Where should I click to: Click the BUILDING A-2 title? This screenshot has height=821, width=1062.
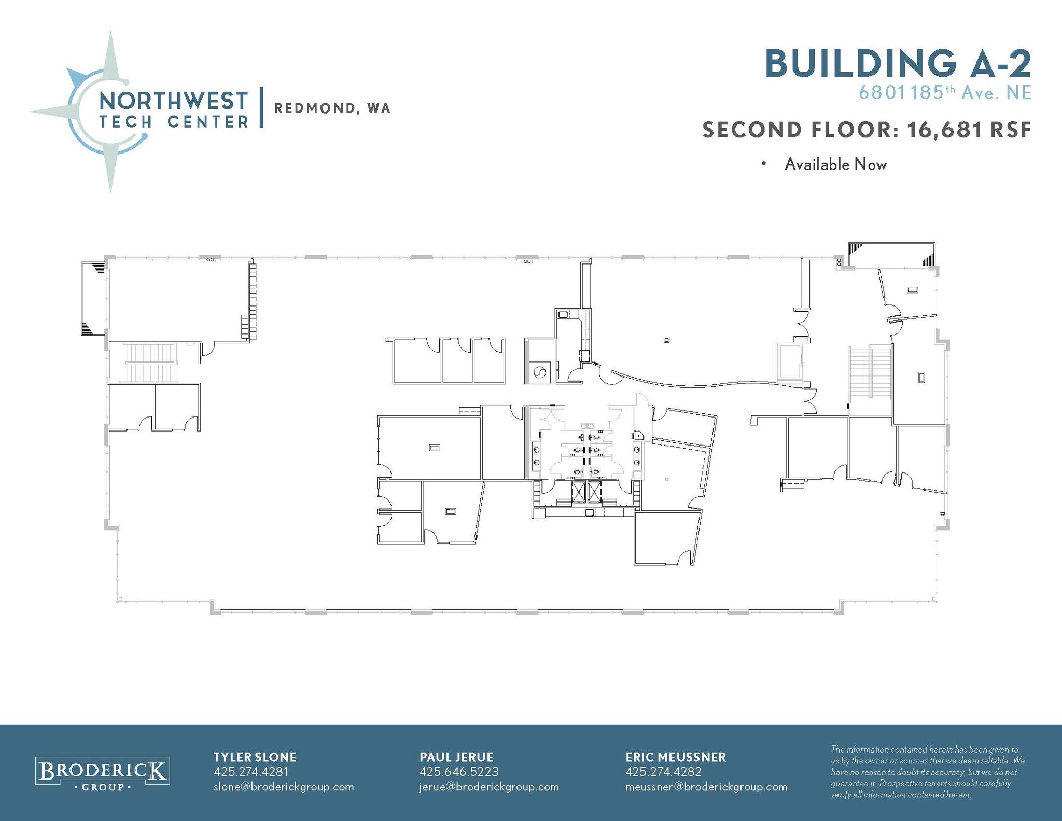point(898,64)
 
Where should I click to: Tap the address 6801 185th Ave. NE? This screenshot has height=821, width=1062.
point(944,93)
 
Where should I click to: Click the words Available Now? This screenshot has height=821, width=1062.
point(835,164)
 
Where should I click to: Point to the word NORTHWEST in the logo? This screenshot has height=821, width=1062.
point(173,101)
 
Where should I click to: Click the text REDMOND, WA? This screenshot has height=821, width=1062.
point(332,108)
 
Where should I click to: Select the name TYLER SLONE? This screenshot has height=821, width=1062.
point(255,757)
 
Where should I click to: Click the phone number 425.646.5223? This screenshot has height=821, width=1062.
point(458,772)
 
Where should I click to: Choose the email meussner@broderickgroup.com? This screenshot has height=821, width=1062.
point(706,787)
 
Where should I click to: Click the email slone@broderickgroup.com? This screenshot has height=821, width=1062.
point(284,787)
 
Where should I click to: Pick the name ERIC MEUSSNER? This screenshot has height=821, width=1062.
point(675,757)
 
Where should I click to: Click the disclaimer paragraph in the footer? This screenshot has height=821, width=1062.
point(927,772)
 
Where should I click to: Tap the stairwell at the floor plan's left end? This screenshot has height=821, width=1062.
point(151,363)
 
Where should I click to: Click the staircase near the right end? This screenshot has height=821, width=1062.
point(870,372)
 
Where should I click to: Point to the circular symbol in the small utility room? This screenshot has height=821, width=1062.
point(539,372)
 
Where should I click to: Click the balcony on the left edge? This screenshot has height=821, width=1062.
point(93,298)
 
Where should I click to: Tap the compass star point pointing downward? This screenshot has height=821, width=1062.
point(110,171)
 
